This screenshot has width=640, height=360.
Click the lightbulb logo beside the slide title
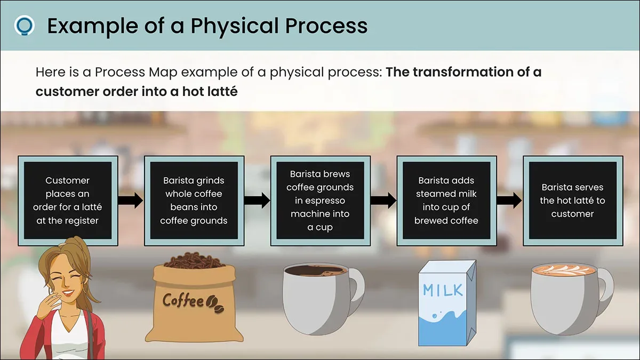pyautogui.click(x=25, y=25)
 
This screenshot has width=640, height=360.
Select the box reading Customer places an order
pyautogui.click(x=68, y=201)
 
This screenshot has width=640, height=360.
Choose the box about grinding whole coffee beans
pyautogui.click(x=194, y=201)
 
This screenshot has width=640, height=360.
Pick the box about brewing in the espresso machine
pyautogui.click(x=321, y=201)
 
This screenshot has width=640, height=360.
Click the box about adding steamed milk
pyautogui.click(x=446, y=201)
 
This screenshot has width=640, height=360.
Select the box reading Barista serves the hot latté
pyautogui.click(x=573, y=201)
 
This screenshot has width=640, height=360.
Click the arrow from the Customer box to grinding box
pyautogui.click(x=131, y=201)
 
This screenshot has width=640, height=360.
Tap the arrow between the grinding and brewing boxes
pyautogui.click(x=257, y=201)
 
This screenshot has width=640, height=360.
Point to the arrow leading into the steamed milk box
pyautogui.click(x=383, y=201)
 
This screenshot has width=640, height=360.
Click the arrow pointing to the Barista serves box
pyautogui.click(x=510, y=201)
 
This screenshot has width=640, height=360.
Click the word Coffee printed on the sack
pyautogui.click(x=183, y=301)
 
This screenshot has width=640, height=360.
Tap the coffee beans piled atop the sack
pyautogui.click(x=194, y=261)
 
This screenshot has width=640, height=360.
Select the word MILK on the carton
pyautogui.click(x=443, y=290)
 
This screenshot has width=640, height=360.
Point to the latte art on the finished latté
pyautogui.click(x=564, y=270)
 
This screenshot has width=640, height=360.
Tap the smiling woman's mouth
pyautogui.click(x=68, y=293)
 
